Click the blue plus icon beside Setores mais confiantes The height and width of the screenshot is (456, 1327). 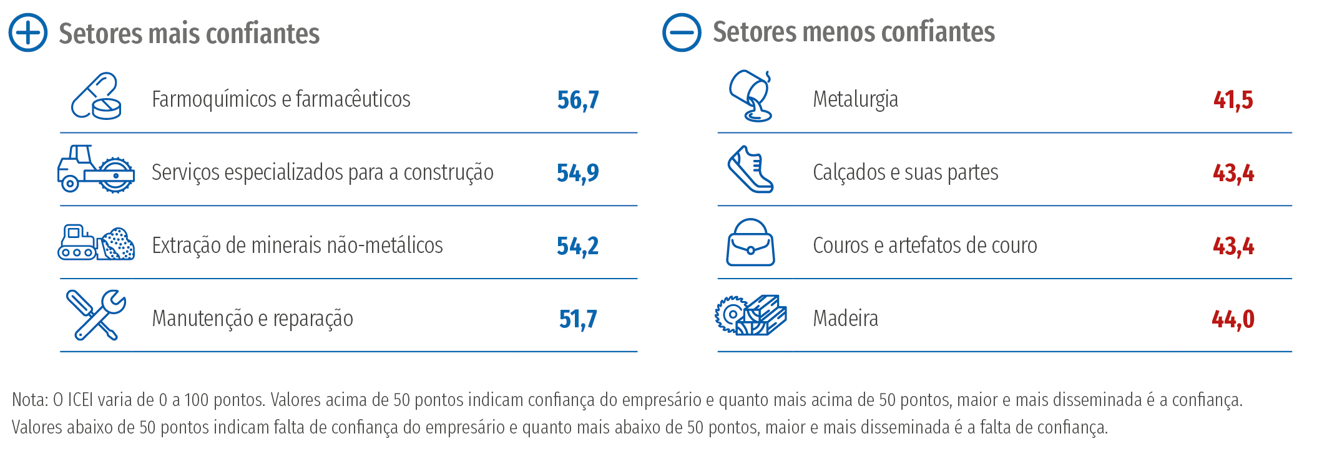coord(28,32)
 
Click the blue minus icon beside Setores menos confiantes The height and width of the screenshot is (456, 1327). coord(682,32)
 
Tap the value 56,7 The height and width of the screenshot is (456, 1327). coord(578,100)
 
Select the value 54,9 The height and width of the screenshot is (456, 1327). coord(578,173)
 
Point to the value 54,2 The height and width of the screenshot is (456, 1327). coord(578,246)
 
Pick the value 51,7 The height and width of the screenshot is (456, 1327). coord(578,319)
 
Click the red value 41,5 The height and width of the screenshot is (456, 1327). coord(1233,100)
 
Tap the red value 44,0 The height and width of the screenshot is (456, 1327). coord(1233,319)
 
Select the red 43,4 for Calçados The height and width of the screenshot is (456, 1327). coord(1233,173)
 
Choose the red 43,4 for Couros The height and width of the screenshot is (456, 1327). coord(1233,246)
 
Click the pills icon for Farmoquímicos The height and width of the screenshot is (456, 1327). coord(96,96)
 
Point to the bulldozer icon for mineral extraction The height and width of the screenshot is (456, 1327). coord(96,242)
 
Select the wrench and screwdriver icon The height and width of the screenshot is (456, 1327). coord(96,315)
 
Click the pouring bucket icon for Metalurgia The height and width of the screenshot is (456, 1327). coord(752,96)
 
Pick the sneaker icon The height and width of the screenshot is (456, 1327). coord(750,169)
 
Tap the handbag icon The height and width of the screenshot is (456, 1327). coord(750,242)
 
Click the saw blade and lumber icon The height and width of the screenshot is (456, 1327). coord(750,315)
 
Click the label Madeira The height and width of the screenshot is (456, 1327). coord(845,319)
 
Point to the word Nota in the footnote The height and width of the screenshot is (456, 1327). coord(28,400)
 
